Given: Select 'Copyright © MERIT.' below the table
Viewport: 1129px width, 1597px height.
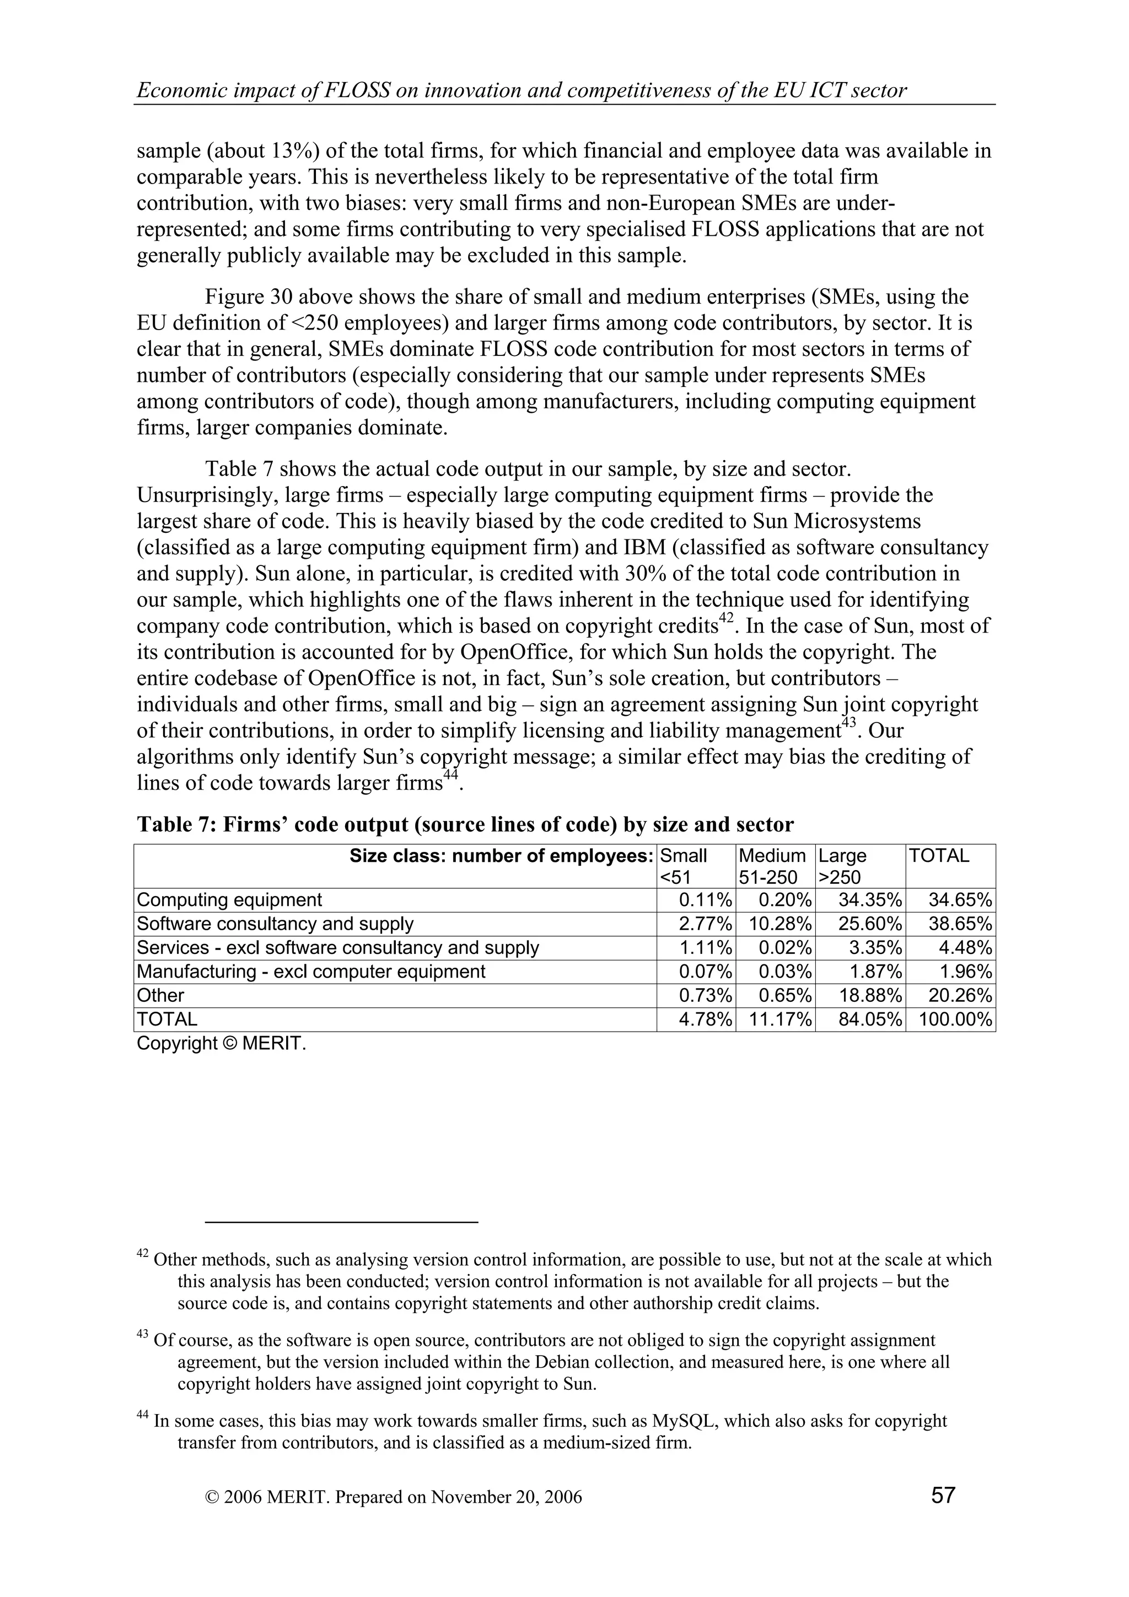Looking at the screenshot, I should pos(221,1043).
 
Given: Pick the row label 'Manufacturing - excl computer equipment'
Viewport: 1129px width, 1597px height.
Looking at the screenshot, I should pos(311,972).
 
